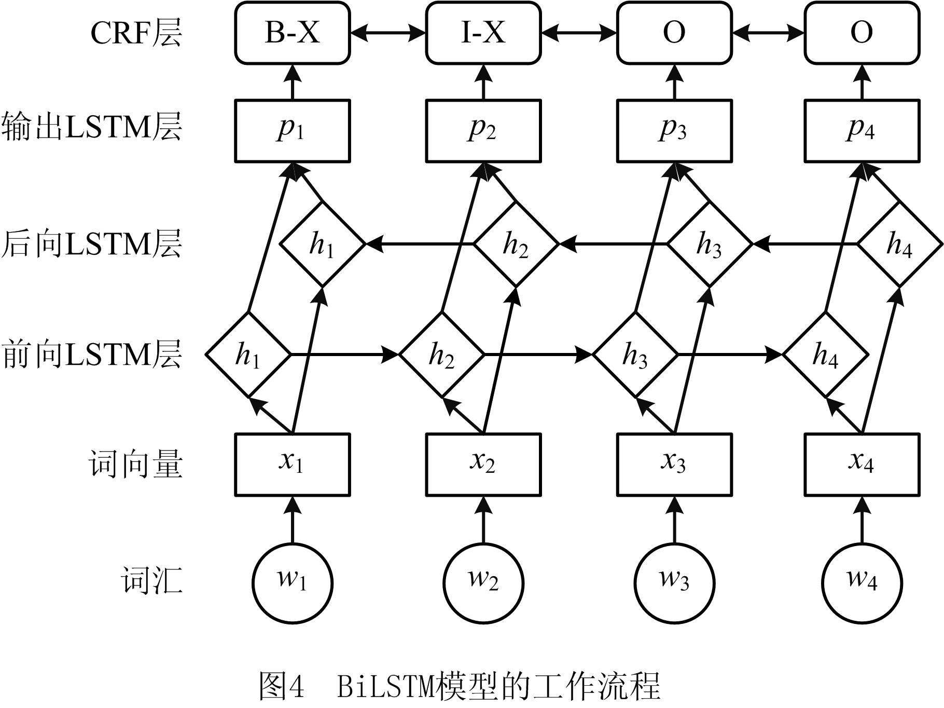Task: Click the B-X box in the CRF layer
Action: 292,33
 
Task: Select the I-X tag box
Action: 483,33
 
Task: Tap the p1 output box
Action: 292,131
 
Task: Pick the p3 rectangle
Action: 674,131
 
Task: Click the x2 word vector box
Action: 483,465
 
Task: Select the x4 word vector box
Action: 862,465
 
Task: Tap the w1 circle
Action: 293,583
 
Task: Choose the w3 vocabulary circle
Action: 674,583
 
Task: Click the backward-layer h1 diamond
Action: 323,244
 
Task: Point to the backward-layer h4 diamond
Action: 900,244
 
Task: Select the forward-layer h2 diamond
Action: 442,355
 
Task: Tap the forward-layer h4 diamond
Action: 825,355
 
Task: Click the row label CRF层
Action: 136,33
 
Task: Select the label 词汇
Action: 152,580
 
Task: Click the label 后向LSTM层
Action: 92,244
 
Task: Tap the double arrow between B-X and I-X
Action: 388,33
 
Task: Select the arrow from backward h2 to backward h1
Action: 421,244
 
